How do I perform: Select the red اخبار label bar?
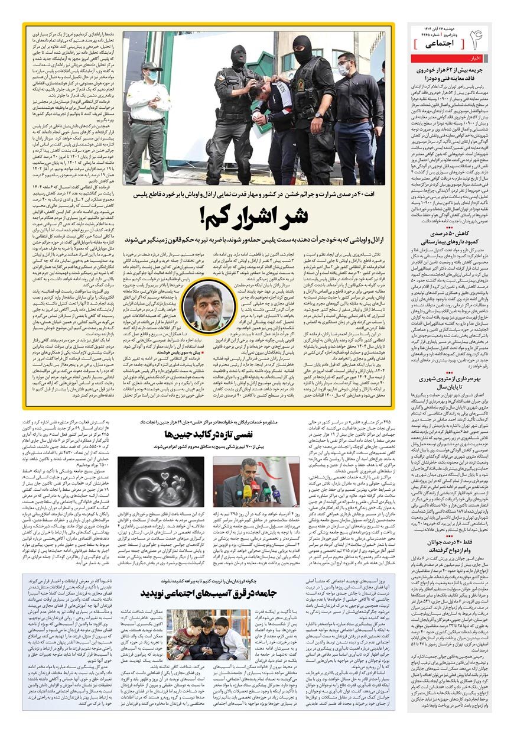476,59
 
